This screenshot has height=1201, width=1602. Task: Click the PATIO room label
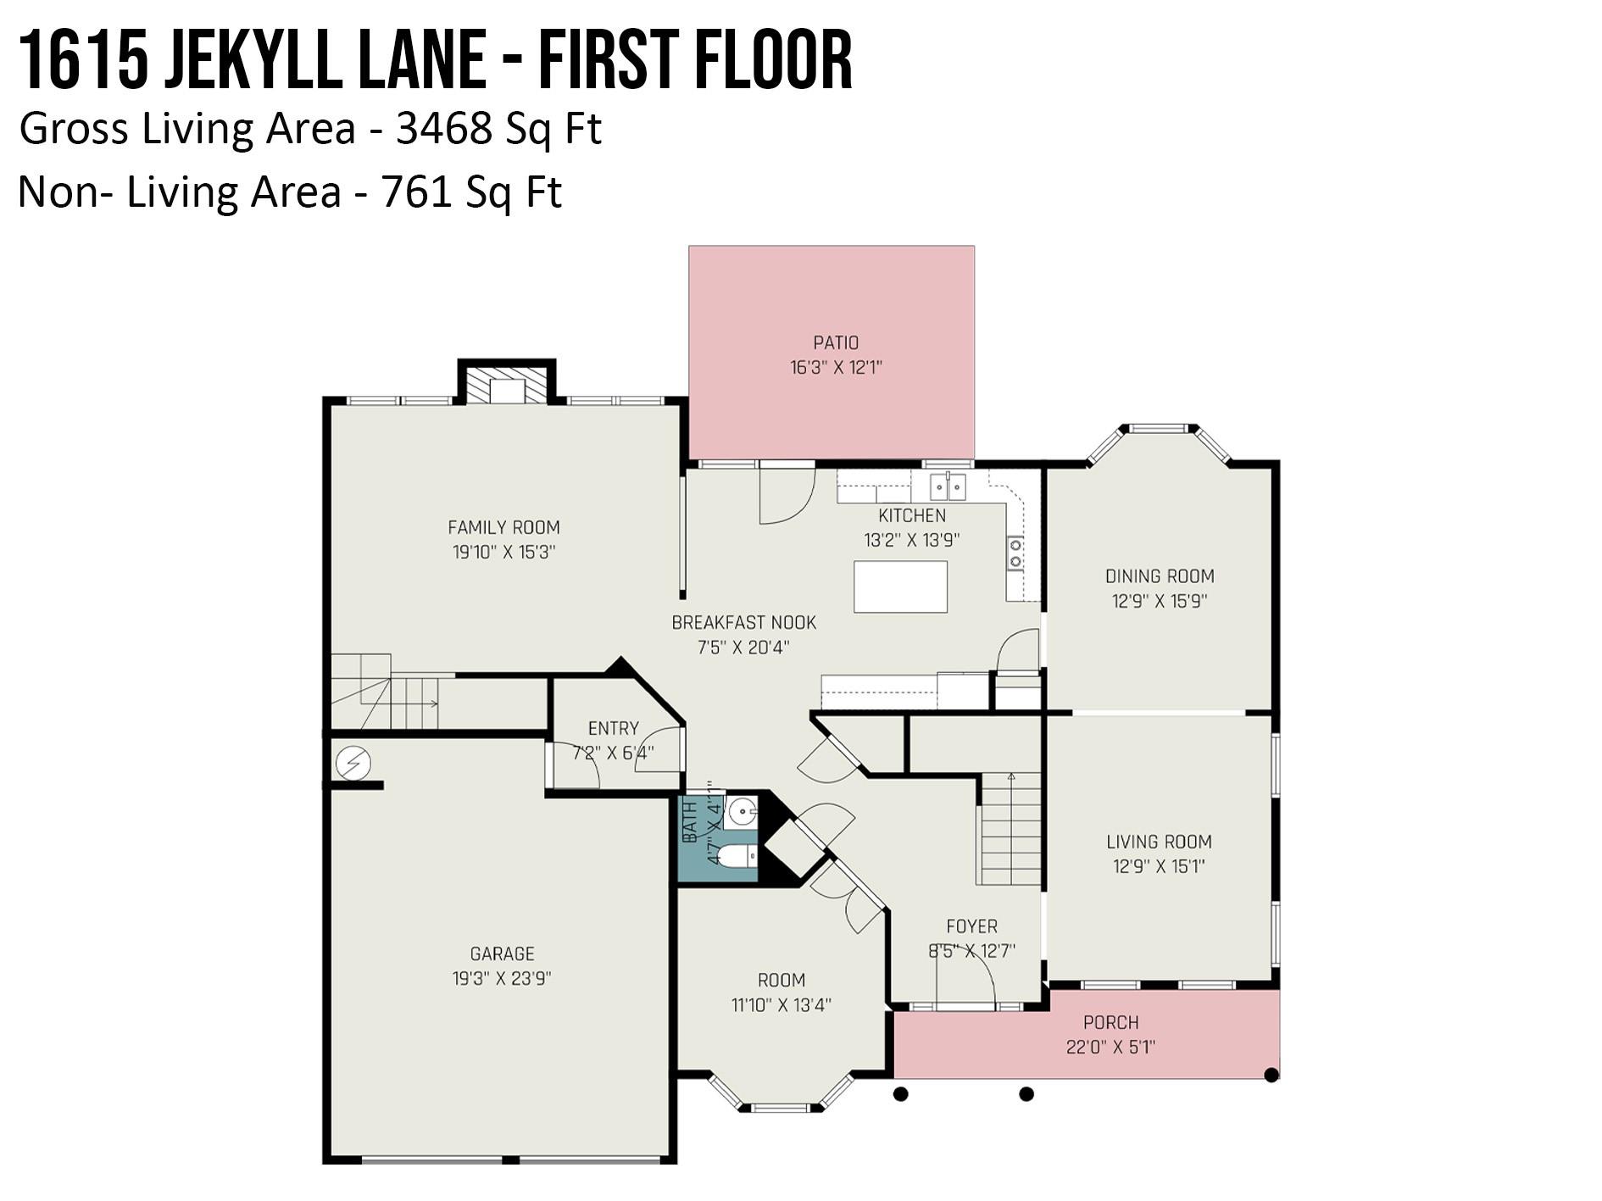click(836, 343)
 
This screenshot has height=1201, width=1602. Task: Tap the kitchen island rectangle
click(900, 587)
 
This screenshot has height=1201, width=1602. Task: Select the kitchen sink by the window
click(948, 487)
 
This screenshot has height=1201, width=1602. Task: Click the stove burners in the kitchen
click(1015, 553)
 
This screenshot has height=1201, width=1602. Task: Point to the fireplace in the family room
click(507, 387)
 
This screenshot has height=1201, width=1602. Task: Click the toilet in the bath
click(740, 856)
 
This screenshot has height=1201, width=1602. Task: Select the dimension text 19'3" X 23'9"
click(502, 978)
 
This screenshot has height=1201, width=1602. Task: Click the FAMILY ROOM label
click(503, 527)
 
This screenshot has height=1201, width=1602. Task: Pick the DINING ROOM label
click(1159, 576)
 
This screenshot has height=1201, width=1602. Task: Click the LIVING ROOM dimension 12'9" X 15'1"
click(1158, 866)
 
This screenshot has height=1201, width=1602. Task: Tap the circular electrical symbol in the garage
click(353, 764)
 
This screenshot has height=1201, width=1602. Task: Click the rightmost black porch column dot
click(1271, 1076)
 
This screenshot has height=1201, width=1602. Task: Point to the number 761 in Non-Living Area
click(417, 192)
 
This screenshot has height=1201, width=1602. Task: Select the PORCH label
click(1110, 1022)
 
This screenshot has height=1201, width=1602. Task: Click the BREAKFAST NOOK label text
click(743, 623)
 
